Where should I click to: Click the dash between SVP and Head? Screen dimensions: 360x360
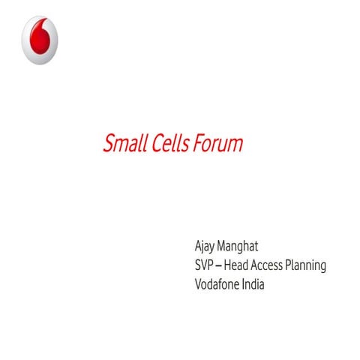tap(221, 266)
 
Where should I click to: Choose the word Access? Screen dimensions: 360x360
tap(274, 265)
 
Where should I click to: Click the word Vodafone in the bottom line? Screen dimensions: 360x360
tap(219, 284)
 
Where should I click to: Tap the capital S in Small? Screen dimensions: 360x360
tap(108, 144)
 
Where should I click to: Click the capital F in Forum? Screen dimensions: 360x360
tap(198, 144)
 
